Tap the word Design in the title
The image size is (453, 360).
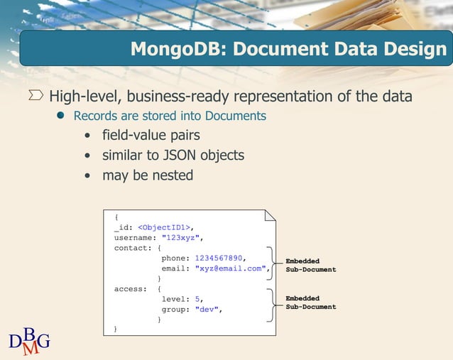(412, 50)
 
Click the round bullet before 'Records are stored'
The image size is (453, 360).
(61, 115)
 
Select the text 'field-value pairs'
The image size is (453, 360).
(151, 135)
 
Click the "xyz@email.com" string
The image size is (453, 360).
(231, 268)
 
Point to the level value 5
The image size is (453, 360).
(198, 299)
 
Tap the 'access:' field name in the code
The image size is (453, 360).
(131, 289)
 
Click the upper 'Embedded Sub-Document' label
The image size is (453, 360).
(310, 266)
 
